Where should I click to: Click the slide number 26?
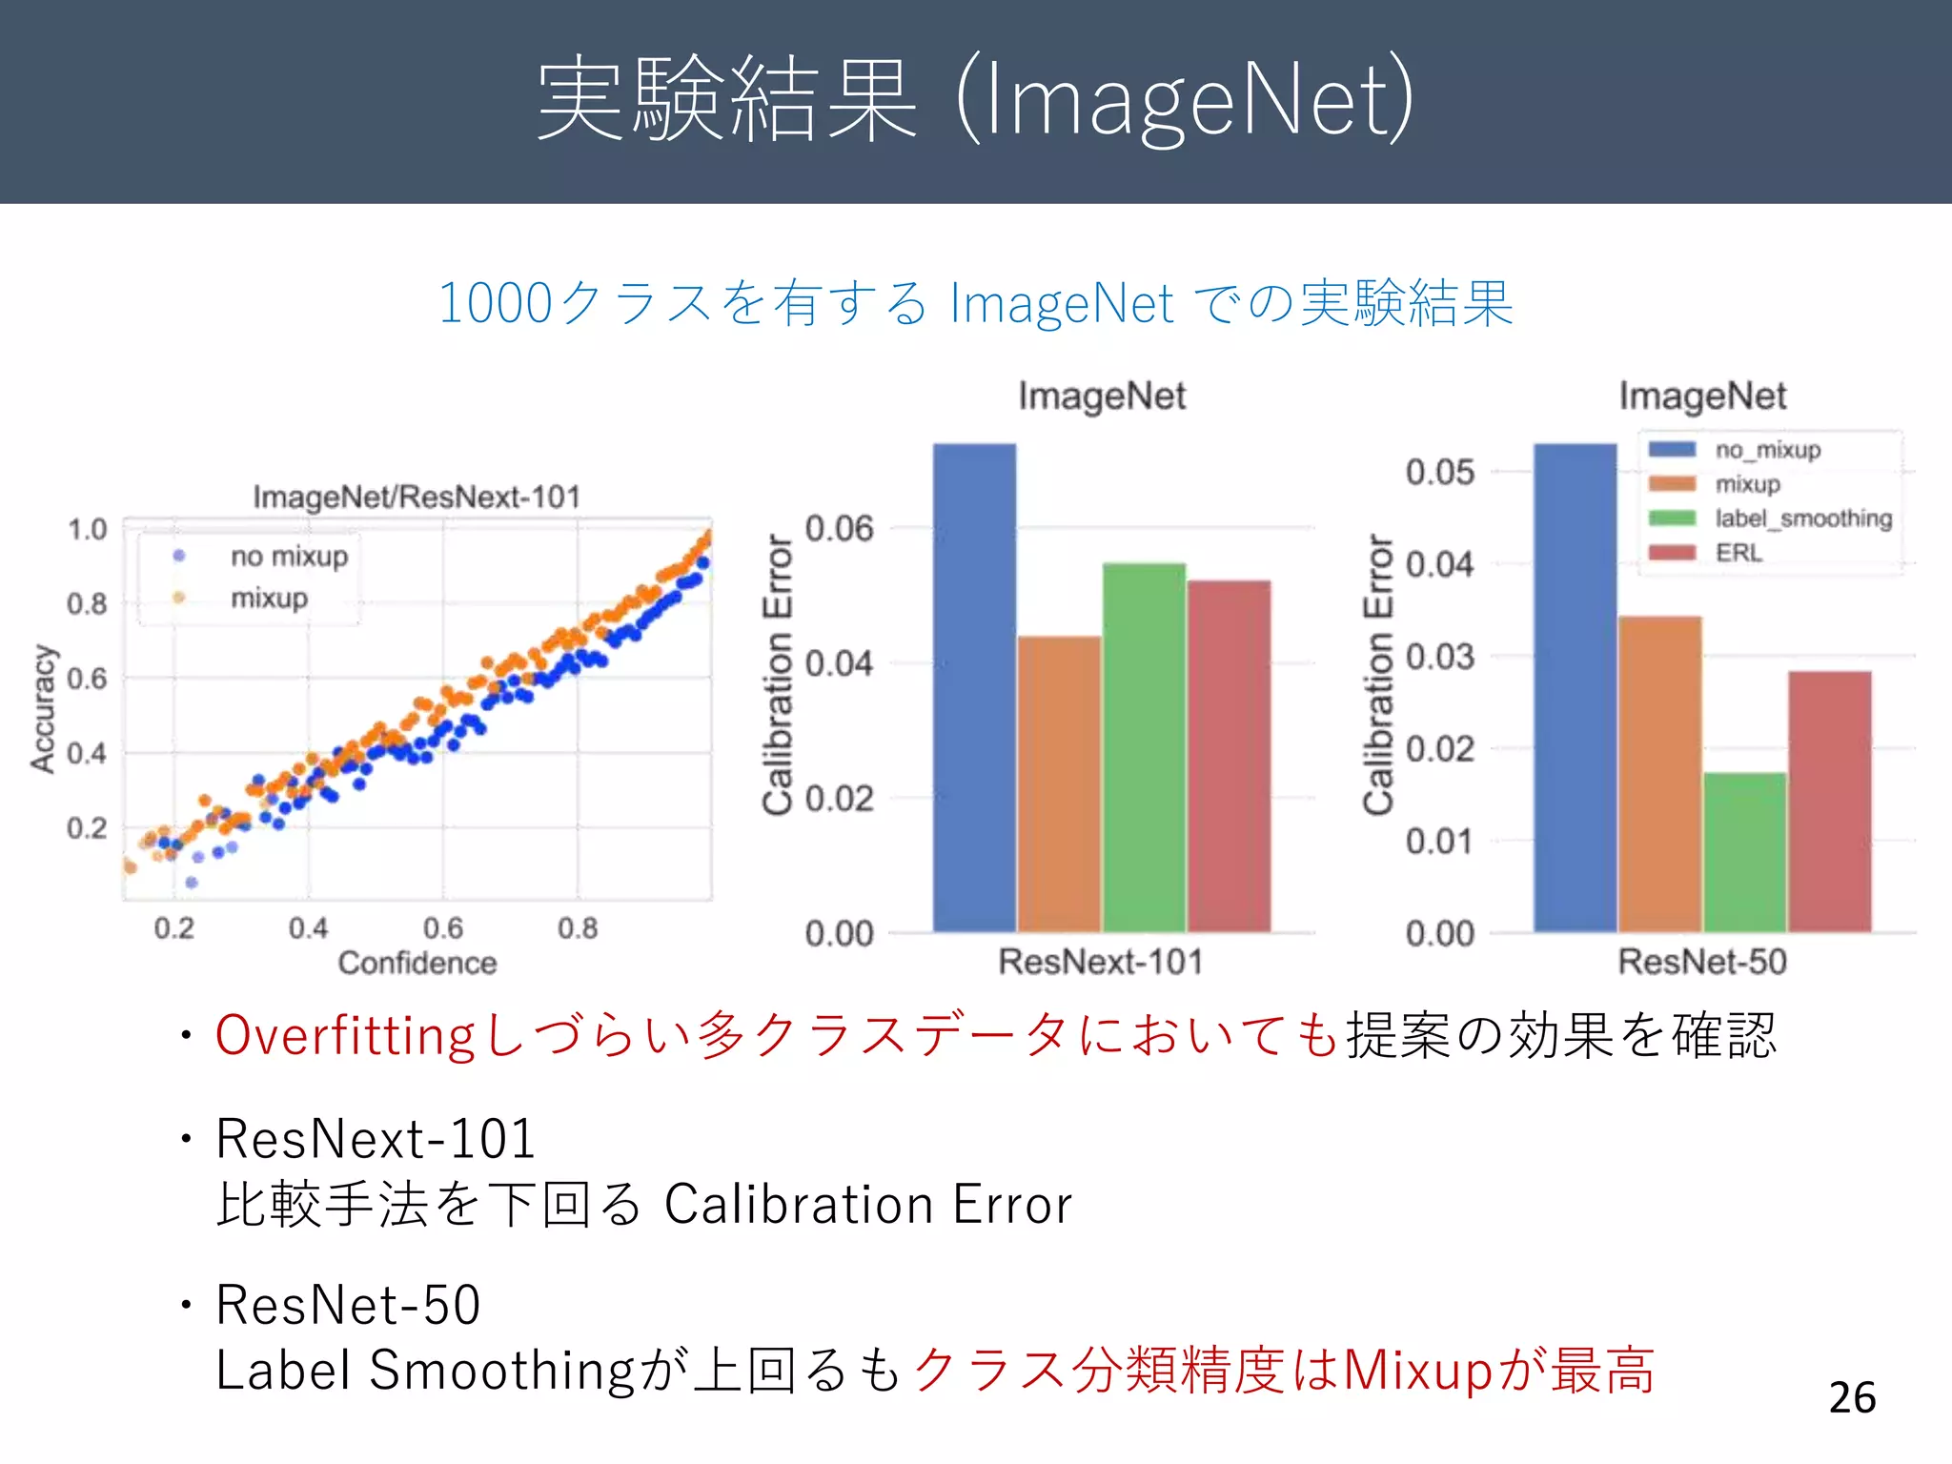pos(1852,1397)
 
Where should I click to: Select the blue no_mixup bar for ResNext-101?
pos(974,686)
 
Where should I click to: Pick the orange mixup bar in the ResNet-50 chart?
pos(1659,773)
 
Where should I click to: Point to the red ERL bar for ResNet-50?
pos(1829,801)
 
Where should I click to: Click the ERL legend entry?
pos(1738,553)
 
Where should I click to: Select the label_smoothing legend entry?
pos(1802,518)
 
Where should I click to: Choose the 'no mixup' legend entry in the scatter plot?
pos(289,556)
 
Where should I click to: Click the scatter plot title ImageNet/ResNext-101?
pos(417,497)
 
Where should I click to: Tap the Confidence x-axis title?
pos(417,963)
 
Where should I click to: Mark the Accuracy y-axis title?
pos(43,708)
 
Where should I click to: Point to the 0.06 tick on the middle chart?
pos(839,528)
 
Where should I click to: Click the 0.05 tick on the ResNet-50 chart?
pos(1439,472)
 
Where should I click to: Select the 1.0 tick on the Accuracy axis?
pos(87,529)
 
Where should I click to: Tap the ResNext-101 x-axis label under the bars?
pos(1101,962)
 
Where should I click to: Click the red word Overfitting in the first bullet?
pos(345,1036)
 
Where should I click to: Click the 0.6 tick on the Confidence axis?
pos(443,927)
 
